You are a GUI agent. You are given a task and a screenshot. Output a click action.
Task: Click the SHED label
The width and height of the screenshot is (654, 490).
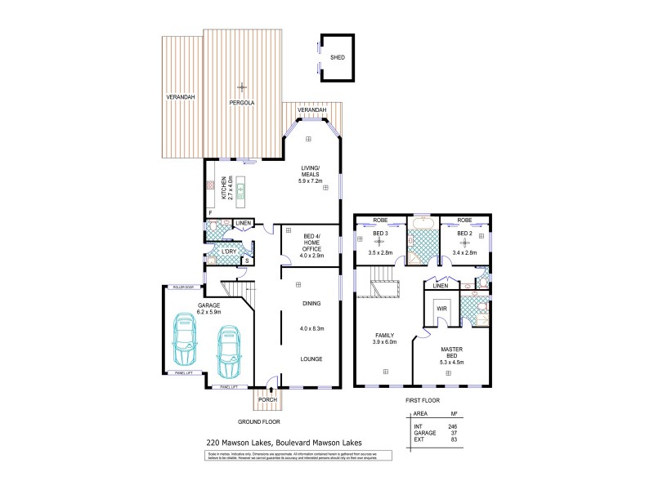click(336, 58)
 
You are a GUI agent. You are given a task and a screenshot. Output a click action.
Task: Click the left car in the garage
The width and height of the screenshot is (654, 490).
click(186, 342)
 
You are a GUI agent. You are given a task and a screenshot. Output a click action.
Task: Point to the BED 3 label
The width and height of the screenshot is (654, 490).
click(380, 234)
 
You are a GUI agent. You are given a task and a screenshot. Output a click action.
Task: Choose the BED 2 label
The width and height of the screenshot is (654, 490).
click(464, 234)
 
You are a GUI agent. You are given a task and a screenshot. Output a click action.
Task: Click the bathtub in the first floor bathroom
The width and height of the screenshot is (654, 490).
click(423, 223)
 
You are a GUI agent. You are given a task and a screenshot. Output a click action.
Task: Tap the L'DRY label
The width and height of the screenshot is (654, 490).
click(228, 252)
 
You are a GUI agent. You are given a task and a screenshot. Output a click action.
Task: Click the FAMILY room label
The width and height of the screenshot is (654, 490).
click(383, 335)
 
